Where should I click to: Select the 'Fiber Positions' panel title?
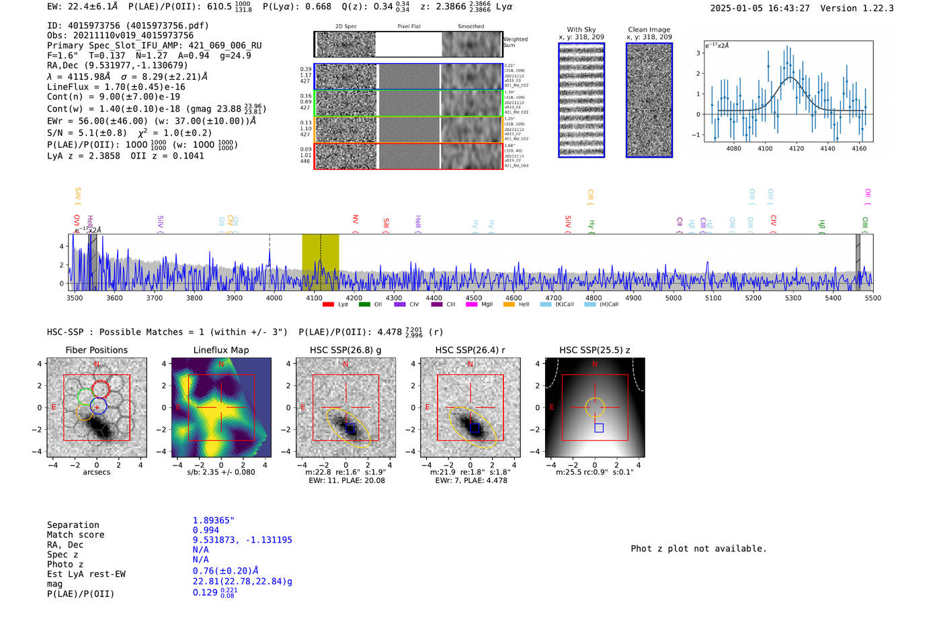coord(96,350)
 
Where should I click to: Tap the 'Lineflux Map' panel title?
coord(221,350)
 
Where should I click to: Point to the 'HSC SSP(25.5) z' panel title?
coord(594,350)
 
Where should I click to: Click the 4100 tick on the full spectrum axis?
coord(314,298)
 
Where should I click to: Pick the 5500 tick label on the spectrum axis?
coord(872,298)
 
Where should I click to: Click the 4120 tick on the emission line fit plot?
coord(796,148)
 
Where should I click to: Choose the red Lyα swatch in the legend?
coord(328,305)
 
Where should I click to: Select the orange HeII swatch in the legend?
coord(509,305)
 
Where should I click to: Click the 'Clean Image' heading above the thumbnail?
coord(649,30)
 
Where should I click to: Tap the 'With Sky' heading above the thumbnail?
coord(581,30)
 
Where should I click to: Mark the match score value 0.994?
coord(206,531)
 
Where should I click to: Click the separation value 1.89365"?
coord(213,520)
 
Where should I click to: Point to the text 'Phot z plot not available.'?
coord(698,549)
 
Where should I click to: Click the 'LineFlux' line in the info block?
coord(116,87)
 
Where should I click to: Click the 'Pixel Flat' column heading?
coord(409,27)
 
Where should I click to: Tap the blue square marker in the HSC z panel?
coord(599,428)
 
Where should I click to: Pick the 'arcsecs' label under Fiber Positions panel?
coord(96,472)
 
